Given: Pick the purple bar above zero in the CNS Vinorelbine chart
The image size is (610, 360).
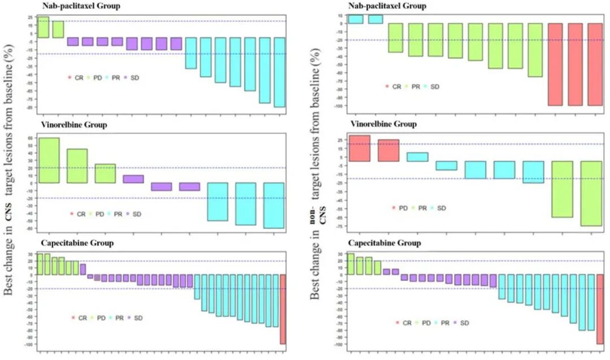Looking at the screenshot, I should [133, 179].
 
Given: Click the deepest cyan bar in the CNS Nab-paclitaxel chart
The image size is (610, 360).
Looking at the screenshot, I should [279, 72].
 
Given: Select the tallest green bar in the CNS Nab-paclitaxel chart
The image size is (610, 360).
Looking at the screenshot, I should [43, 27].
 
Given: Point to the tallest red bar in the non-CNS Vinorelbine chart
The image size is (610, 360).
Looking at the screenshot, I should [359, 148].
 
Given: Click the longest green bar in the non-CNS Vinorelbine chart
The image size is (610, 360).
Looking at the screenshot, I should [590, 193].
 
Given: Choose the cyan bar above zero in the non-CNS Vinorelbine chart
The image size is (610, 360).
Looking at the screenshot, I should [417, 157].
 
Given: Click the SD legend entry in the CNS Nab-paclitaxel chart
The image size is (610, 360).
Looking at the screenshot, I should [131, 77].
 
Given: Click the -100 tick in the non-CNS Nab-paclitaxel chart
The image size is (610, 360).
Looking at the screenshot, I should [338, 106].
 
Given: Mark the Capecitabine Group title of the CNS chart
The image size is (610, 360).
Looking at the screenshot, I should [77, 243].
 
